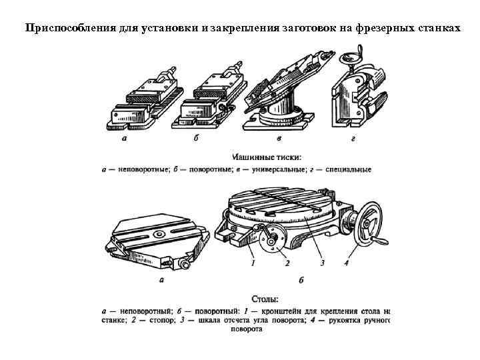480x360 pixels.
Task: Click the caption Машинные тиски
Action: point(266,158)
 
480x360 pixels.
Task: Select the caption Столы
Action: point(265,299)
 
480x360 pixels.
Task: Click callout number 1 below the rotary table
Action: point(253,263)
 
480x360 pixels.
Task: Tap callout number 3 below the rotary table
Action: point(322,263)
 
